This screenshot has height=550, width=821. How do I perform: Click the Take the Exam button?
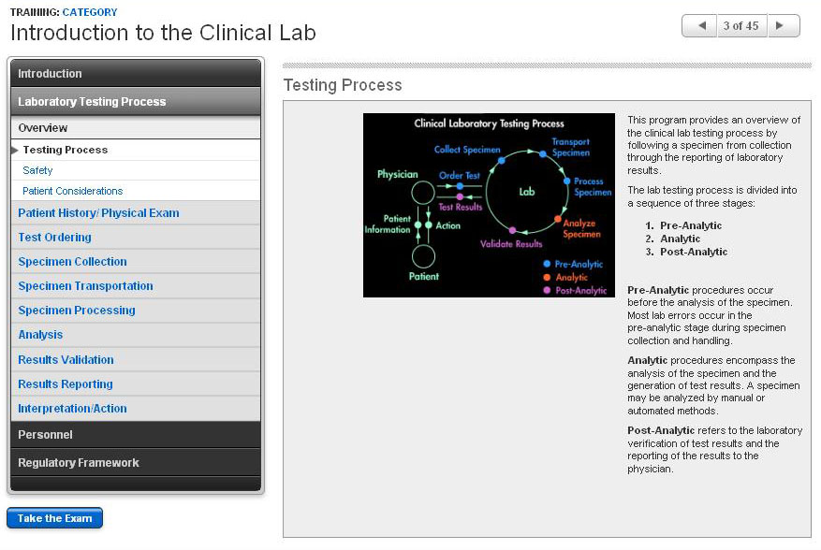[54, 518]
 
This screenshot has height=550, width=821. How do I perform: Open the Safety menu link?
[37, 170]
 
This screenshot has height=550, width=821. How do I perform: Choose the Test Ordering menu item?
[54, 238]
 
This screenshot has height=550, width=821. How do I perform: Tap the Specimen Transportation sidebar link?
[85, 286]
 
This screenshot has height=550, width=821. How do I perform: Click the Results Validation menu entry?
[66, 359]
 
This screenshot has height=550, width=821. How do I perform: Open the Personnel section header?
[45, 435]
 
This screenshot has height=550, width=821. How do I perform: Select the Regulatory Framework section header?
[79, 463]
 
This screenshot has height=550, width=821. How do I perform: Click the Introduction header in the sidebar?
[50, 74]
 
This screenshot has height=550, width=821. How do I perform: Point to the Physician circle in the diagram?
[423, 193]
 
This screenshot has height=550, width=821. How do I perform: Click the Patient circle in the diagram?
[423, 256]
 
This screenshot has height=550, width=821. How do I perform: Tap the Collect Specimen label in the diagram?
[466, 150]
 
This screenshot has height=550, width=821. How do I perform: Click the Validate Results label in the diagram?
[511, 244]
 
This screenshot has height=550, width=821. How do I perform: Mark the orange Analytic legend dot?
[546, 278]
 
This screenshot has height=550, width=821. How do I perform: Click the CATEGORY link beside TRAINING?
[90, 12]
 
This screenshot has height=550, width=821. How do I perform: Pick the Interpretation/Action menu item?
[72, 409]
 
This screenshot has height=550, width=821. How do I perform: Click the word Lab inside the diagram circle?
[527, 192]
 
